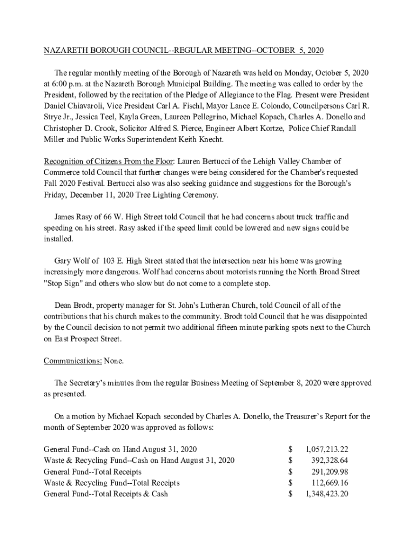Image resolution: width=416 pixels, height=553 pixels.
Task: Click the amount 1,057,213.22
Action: coord(327,449)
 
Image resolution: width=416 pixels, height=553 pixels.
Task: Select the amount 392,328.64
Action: coord(329,460)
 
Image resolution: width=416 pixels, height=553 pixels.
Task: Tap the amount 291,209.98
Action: coord(329,471)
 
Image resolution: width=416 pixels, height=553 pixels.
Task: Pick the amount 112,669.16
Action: coord(329,482)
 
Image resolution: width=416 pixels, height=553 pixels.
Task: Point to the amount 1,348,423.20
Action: coord(327,494)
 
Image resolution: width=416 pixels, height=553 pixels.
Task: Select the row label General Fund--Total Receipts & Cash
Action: coord(106,494)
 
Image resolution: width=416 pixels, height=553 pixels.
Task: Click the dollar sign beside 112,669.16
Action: coord(291,482)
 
